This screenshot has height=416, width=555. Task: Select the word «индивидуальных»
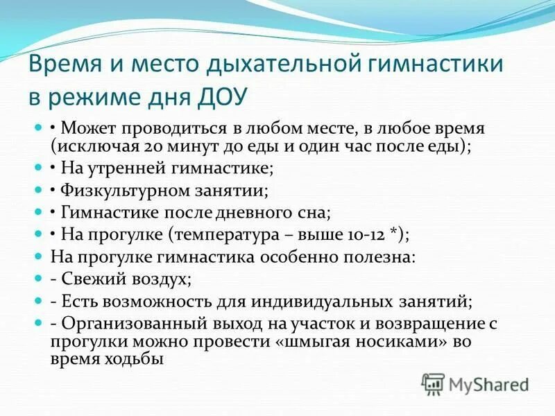click(x=337, y=302)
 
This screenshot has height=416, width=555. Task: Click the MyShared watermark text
click(x=488, y=384)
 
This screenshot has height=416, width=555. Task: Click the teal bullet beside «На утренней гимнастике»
click(x=38, y=169)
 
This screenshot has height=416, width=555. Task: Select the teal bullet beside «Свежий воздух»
click(x=38, y=279)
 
